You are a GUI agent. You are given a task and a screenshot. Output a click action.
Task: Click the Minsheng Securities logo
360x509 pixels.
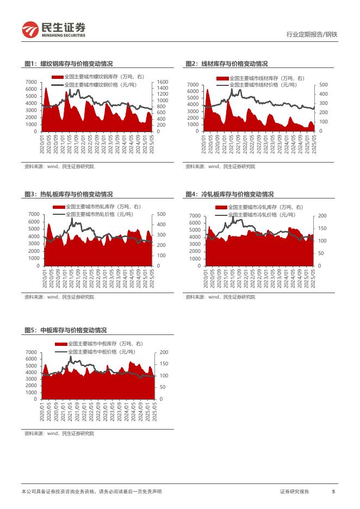point(53,29)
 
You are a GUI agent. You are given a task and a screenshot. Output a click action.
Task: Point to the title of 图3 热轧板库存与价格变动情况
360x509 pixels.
point(69,194)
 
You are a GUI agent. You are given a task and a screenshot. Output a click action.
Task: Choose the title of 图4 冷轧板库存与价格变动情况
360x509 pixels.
point(229,194)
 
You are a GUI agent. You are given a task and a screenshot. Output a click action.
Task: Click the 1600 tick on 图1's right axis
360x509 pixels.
point(163,82)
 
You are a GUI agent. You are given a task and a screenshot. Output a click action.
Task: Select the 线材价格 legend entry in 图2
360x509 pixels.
point(260,85)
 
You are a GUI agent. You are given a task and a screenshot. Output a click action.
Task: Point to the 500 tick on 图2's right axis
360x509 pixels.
point(324,85)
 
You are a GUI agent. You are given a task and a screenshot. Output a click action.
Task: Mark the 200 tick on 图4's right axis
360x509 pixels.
point(321,216)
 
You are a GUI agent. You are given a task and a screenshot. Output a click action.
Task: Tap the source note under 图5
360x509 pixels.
point(59,433)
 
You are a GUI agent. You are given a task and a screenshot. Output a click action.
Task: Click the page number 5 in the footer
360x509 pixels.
point(333,492)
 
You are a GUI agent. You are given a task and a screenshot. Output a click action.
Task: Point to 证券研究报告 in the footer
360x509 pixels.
point(295,492)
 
